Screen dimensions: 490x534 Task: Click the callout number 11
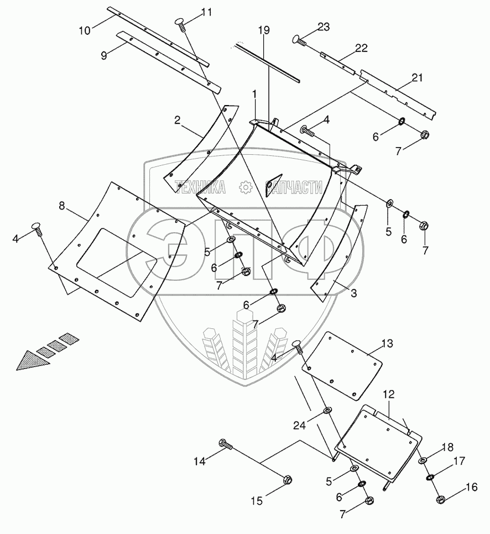click(206, 12)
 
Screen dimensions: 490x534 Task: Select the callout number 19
click(263, 30)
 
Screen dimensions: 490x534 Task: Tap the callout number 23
click(324, 27)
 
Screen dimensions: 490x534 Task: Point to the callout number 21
click(417, 77)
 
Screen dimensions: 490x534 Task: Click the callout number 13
click(387, 343)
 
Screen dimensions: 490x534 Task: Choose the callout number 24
click(300, 425)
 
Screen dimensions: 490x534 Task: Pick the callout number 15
click(257, 501)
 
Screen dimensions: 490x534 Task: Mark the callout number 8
click(62, 206)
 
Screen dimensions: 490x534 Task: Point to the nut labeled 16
click(441, 499)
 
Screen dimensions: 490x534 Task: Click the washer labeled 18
click(422, 460)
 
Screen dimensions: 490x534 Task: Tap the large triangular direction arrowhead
click(33, 362)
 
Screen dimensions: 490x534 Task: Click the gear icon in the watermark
click(244, 187)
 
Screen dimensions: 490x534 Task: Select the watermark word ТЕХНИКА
click(200, 187)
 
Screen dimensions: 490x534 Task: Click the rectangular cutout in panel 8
click(117, 261)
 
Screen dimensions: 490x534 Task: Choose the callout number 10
click(85, 30)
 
